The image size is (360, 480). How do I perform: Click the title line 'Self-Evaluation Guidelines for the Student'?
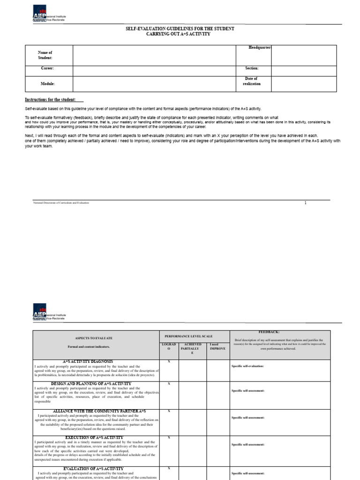pos(180,29)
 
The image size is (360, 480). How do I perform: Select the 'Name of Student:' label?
pos(45,55)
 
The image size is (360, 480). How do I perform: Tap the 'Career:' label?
pos(47,68)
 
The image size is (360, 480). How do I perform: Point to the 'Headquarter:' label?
pos(260,48)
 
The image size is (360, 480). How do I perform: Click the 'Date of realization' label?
pos(252,81)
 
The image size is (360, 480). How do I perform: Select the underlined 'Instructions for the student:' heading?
pos(53,100)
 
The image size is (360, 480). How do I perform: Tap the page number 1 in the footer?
pos(305,202)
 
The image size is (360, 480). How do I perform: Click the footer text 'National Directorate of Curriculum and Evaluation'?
pos(61,202)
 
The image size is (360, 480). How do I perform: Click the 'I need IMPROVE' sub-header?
pos(217,347)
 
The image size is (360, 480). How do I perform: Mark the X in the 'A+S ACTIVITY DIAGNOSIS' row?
pos(169,361)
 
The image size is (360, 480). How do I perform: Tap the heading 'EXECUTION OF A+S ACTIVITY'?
pos(94,437)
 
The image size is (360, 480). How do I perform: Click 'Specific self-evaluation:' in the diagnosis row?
pos(248,366)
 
